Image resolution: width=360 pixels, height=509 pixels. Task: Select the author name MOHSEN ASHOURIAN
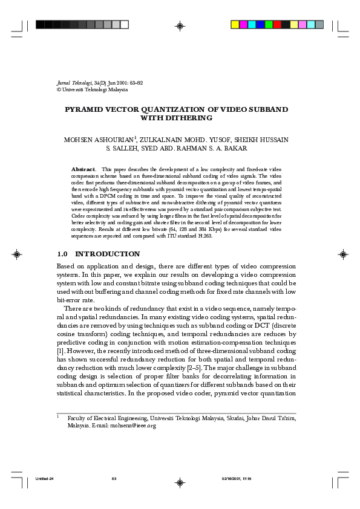pos(99,140)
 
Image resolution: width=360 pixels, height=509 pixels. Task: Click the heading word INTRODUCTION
pos(107,254)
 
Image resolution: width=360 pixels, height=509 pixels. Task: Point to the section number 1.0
pos(64,254)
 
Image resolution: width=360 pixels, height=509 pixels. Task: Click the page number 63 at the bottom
pos(114,479)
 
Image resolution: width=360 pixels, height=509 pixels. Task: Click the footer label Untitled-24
pos(45,479)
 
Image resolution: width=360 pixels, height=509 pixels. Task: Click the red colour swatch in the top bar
pos(277,25)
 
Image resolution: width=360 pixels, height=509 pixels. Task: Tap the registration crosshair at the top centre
pos(180,25)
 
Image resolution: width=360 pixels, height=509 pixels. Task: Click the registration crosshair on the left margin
pos(18,254)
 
